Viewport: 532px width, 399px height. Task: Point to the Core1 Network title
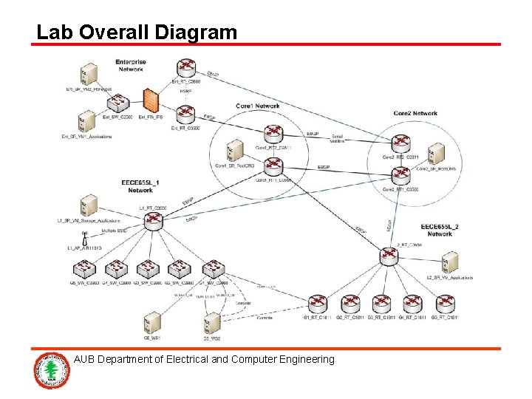257,106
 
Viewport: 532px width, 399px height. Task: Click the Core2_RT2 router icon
400,143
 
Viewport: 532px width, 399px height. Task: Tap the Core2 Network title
415,114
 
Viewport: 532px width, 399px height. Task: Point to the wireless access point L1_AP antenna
85,237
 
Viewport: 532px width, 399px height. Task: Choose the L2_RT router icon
388,256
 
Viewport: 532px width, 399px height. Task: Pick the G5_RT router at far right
445,303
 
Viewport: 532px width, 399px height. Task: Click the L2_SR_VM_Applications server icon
449,262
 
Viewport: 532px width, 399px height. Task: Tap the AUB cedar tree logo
51,370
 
